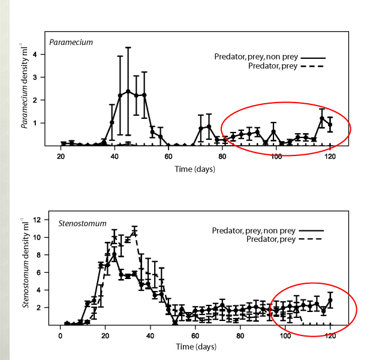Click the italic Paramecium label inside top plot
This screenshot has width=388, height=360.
(x=71, y=43)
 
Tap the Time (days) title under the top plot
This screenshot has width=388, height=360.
(x=195, y=169)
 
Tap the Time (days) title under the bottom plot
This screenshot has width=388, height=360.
(x=195, y=347)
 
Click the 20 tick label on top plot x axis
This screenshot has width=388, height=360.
(x=61, y=157)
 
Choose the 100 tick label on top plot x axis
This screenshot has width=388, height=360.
(x=276, y=157)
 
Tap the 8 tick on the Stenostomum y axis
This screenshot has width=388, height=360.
(x=39, y=255)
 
